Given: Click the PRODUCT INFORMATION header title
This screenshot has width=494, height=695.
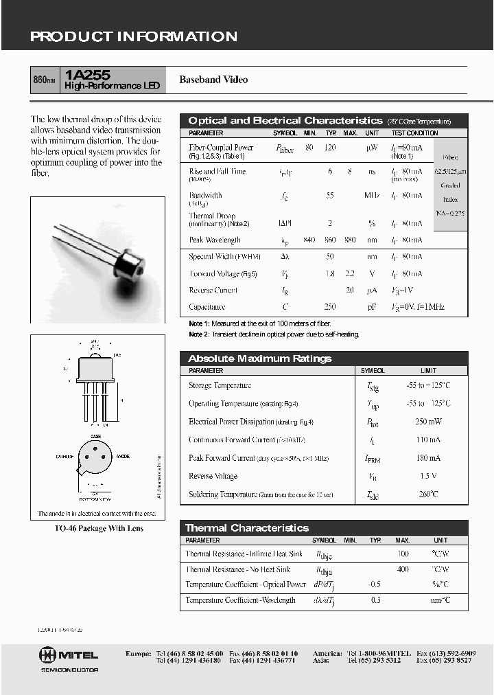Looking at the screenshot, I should pyautogui.click(x=134, y=37).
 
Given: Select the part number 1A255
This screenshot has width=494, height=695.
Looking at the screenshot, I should pyautogui.click(x=83, y=74).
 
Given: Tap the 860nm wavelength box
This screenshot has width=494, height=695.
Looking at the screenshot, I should pyautogui.click(x=45, y=80).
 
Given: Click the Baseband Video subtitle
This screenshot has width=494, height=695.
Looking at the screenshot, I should pyautogui.click(x=213, y=80).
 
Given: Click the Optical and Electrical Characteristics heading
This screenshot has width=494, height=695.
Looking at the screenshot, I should pyautogui.click(x=285, y=121).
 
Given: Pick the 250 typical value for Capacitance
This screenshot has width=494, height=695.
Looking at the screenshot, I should pyautogui.click(x=331, y=307).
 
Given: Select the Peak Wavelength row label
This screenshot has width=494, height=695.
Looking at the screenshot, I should pyautogui.click(x=215, y=240).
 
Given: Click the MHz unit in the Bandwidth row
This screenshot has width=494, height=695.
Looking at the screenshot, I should pyautogui.click(x=372, y=196).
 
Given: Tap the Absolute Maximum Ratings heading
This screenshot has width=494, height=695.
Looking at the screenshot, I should pyautogui.click(x=259, y=358).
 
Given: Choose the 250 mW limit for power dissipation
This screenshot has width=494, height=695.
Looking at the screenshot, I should pyautogui.click(x=428, y=422).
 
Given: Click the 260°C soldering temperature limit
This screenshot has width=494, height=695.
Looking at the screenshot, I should pyautogui.click(x=428, y=494).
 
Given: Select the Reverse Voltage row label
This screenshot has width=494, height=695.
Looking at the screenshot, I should pyautogui.click(x=213, y=476).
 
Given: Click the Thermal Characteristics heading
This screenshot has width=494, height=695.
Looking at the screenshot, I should pyautogui.click(x=247, y=528).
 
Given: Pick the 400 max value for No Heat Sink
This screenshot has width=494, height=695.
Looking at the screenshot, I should pyautogui.click(x=403, y=569).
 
